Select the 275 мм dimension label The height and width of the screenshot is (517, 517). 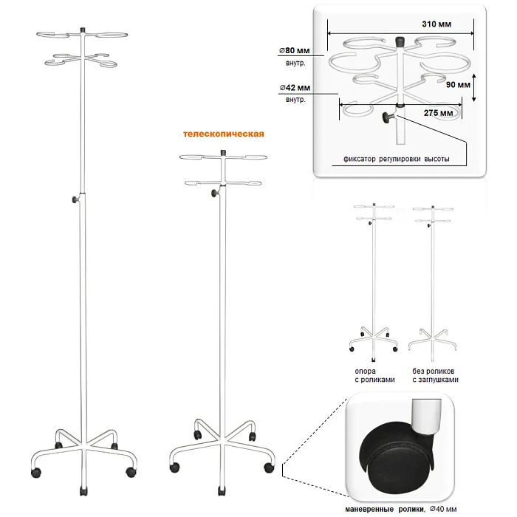coord(439,114)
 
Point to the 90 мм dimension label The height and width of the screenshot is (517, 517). coord(459,85)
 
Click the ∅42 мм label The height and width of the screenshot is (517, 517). coord(294,88)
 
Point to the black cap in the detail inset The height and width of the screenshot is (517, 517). coord(400,41)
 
